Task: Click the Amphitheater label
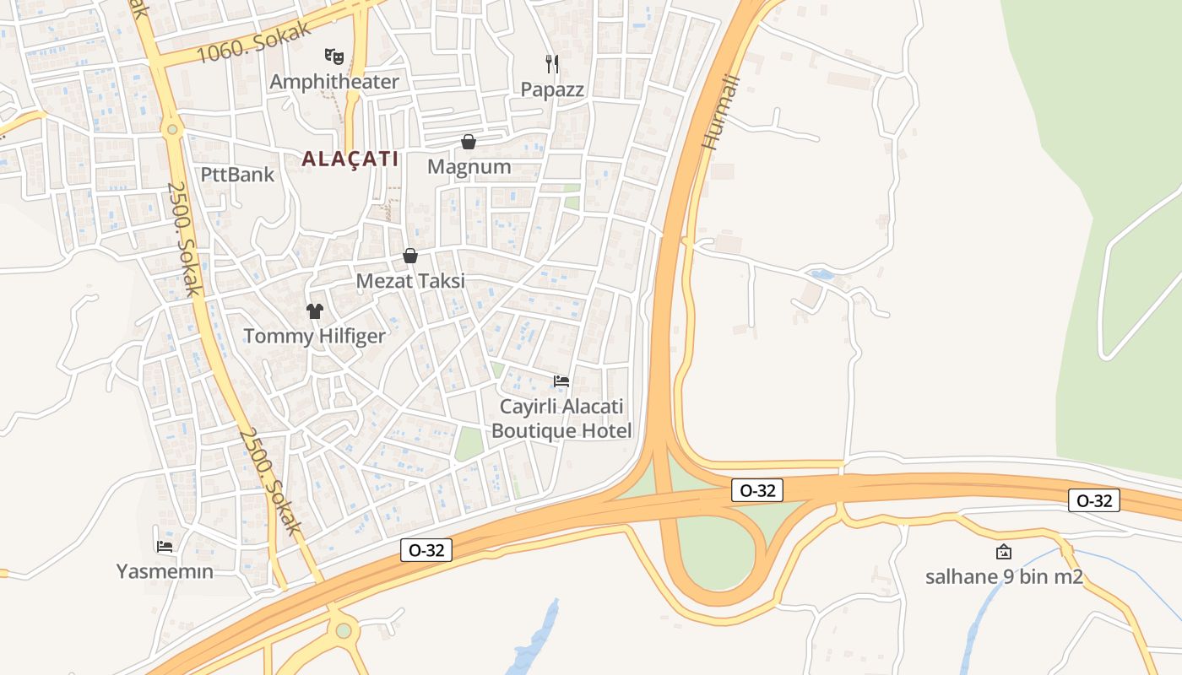pyautogui.click(x=333, y=82)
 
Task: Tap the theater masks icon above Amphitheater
pyautogui.click(x=334, y=57)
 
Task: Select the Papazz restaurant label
pyautogui.click(x=552, y=89)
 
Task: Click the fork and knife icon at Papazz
pyautogui.click(x=552, y=63)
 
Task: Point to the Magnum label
pyautogui.click(x=469, y=166)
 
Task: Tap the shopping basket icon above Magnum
pyautogui.click(x=469, y=142)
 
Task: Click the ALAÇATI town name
pyautogui.click(x=350, y=159)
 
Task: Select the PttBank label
pyautogui.click(x=237, y=175)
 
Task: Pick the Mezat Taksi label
pyautogui.click(x=410, y=281)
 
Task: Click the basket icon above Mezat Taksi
pyautogui.click(x=410, y=256)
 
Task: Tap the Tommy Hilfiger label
pyautogui.click(x=314, y=336)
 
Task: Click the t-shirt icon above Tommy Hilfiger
pyautogui.click(x=315, y=310)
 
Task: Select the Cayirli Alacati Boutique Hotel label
pyautogui.click(x=561, y=418)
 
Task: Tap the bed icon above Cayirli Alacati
pyautogui.click(x=561, y=381)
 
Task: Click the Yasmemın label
pyautogui.click(x=165, y=571)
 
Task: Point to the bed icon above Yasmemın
pyautogui.click(x=165, y=546)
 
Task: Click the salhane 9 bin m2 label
pyautogui.click(x=1004, y=577)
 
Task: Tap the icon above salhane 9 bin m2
pyautogui.click(x=1004, y=552)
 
